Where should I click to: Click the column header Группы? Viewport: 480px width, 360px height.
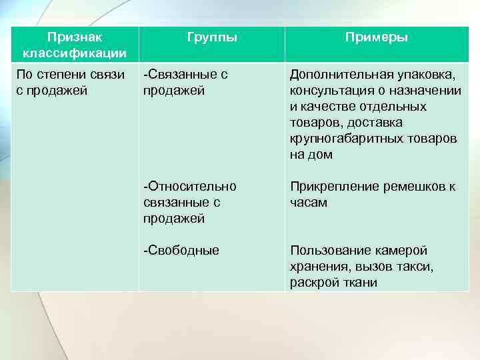(213, 37)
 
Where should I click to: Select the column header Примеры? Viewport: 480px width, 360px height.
(376, 37)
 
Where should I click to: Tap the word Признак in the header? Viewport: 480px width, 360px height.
(75, 37)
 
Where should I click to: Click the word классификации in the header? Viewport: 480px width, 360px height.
(75, 53)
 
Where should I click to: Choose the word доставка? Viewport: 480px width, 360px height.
(377, 123)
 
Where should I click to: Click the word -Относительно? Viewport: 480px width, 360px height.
(189, 186)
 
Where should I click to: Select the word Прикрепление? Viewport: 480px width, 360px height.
(327, 186)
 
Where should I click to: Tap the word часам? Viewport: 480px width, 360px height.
(308, 202)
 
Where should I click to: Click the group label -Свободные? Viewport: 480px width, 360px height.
(181, 251)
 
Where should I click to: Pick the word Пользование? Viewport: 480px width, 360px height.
(325, 251)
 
